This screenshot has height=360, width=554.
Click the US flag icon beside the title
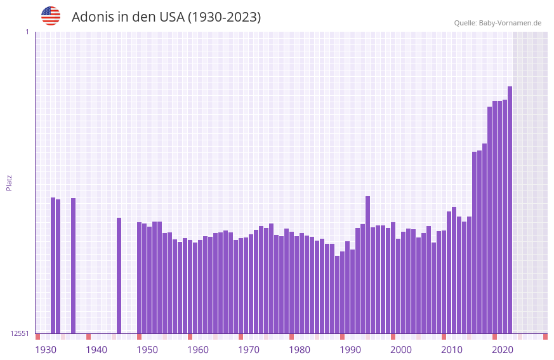click(x=51, y=16)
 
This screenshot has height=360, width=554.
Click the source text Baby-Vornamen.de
click(x=510, y=23)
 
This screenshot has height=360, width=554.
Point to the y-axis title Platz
click(x=9, y=182)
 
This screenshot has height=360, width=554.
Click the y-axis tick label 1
click(x=27, y=32)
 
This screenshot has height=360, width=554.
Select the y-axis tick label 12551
click(x=20, y=333)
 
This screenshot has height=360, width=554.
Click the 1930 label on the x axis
click(x=46, y=350)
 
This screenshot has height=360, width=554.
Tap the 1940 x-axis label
click(x=96, y=350)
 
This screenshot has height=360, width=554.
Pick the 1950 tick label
click(x=147, y=350)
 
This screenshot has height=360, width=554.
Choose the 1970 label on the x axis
click(x=249, y=350)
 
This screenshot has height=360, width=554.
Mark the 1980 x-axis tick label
click(x=300, y=350)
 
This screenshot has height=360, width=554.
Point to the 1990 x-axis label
click(x=350, y=350)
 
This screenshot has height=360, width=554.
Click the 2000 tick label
click(x=401, y=350)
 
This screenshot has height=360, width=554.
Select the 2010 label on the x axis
click(x=452, y=350)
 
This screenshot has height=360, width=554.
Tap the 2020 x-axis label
click(x=503, y=350)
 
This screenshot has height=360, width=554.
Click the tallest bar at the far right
click(x=510, y=210)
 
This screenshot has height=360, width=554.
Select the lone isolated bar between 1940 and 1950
click(x=119, y=276)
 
